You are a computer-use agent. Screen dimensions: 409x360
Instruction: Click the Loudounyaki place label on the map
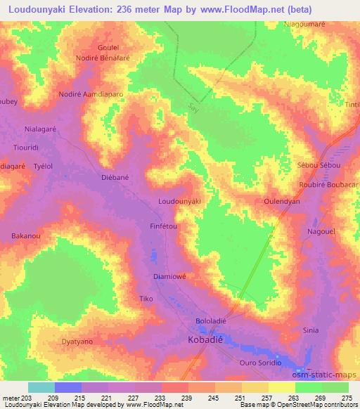pos(180,202)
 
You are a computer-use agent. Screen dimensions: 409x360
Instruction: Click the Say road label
pos(194,107)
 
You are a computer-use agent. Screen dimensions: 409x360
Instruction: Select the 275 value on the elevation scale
pos(347,398)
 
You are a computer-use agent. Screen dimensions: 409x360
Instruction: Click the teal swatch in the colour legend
pos(41,387)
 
